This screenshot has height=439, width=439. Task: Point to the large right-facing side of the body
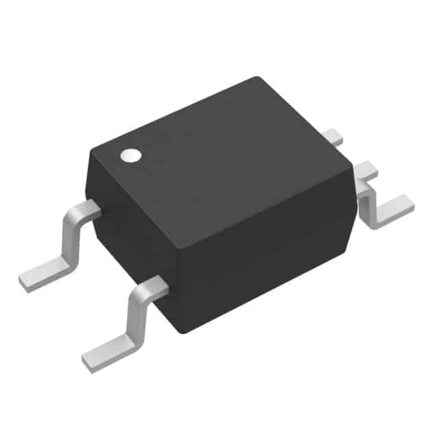pyautogui.click(x=268, y=254)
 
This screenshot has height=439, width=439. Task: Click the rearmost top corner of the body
pyautogui.click(x=257, y=78)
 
